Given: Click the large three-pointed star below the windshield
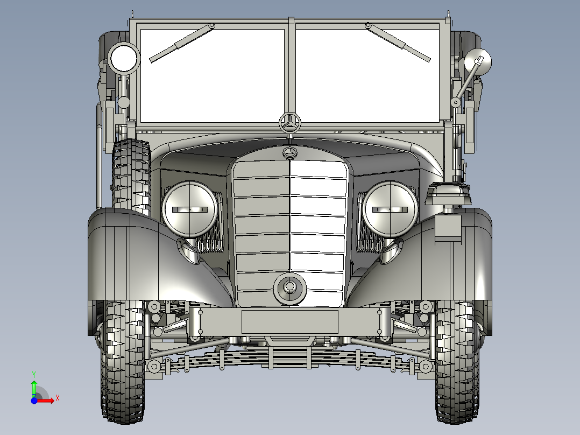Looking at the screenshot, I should click(x=291, y=123).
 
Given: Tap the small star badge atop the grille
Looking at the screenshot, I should click(x=290, y=153).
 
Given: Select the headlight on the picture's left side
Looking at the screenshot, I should click(x=190, y=209).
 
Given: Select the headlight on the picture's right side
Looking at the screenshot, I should click(x=390, y=209).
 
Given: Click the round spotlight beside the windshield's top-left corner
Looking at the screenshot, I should click(x=124, y=58).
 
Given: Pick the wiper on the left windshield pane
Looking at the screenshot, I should click(x=180, y=43).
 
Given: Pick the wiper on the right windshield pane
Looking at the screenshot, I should click(x=399, y=43).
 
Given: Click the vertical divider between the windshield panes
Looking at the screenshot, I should click(x=291, y=70).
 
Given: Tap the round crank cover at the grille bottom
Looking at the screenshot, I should click(x=289, y=287).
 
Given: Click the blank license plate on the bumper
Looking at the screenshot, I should click(x=289, y=321).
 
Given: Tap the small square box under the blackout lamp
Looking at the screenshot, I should click(x=448, y=227).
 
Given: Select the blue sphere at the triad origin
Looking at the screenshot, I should click(x=34, y=401).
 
